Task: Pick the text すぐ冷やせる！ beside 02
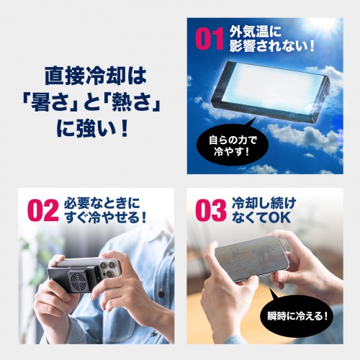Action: (x=109, y=217)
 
